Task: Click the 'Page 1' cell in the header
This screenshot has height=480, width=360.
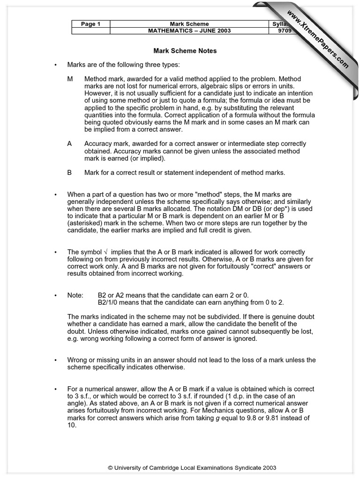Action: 90,24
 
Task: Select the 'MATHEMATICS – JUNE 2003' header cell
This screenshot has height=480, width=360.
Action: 189,31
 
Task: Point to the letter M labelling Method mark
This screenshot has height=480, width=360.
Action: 70,79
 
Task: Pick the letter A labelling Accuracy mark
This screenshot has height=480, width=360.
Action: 69,144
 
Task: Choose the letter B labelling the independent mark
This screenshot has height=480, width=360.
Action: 69,172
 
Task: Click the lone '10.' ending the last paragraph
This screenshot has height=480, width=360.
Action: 72,425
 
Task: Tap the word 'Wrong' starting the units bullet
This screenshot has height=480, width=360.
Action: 77,360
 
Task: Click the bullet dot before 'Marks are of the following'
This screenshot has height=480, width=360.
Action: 55,65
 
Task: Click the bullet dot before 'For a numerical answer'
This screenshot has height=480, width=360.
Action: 55,389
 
